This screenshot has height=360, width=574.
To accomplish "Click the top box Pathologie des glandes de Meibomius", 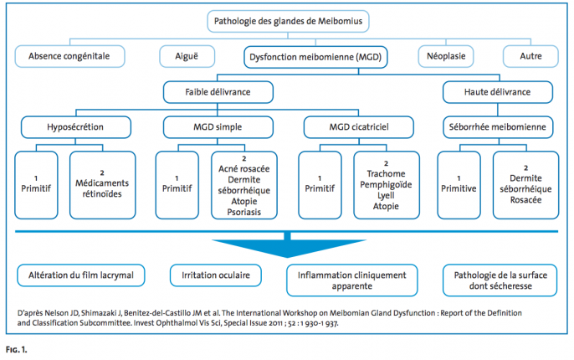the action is [288, 21].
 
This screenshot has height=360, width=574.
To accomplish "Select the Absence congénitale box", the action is [69, 56].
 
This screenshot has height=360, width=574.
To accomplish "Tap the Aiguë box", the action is [187, 56].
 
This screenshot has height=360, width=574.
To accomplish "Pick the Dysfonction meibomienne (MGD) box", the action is [315, 57].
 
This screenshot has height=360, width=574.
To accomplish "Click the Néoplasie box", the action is [446, 56].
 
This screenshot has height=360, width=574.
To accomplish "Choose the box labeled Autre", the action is [530, 56].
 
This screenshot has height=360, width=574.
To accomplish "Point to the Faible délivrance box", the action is [218, 92].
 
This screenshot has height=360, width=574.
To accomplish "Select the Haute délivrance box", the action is [498, 92].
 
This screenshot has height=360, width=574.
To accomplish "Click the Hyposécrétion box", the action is [75, 127].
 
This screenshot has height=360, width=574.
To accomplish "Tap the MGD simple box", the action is [218, 127].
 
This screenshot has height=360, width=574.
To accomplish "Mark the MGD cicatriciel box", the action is [359, 127].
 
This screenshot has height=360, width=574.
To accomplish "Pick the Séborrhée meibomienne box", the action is [498, 127].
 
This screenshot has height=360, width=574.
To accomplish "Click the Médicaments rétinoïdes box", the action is [102, 185].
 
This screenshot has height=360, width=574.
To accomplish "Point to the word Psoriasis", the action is [244, 212].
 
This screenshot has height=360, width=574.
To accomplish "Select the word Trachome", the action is [387, 173].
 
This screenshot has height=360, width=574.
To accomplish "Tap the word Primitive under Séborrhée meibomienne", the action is [459, 188].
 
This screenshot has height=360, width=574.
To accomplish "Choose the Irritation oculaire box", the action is [216, 275].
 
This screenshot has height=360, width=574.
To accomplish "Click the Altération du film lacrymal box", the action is [81, 275].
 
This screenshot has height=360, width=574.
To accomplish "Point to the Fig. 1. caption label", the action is [17, 350].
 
